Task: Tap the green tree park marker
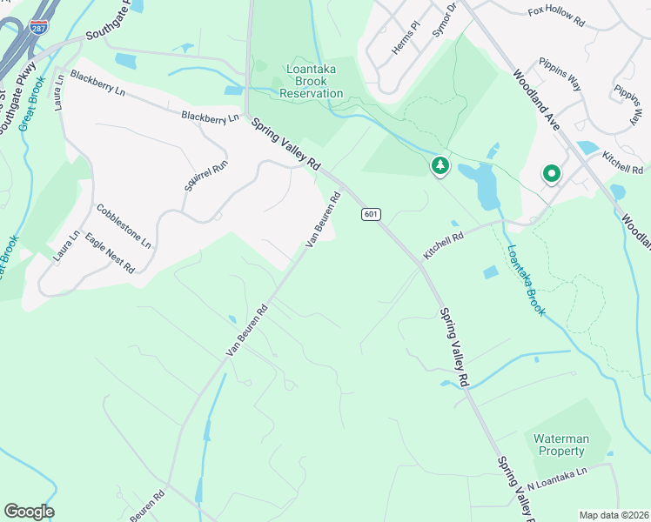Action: click(x=440, y=165)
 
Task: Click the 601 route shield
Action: click(x=370, y=214)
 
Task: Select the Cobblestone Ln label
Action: click(x=124, y=225)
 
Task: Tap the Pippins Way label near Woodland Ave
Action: click(x=560, y=75)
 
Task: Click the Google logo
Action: click(x=29, y=511)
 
